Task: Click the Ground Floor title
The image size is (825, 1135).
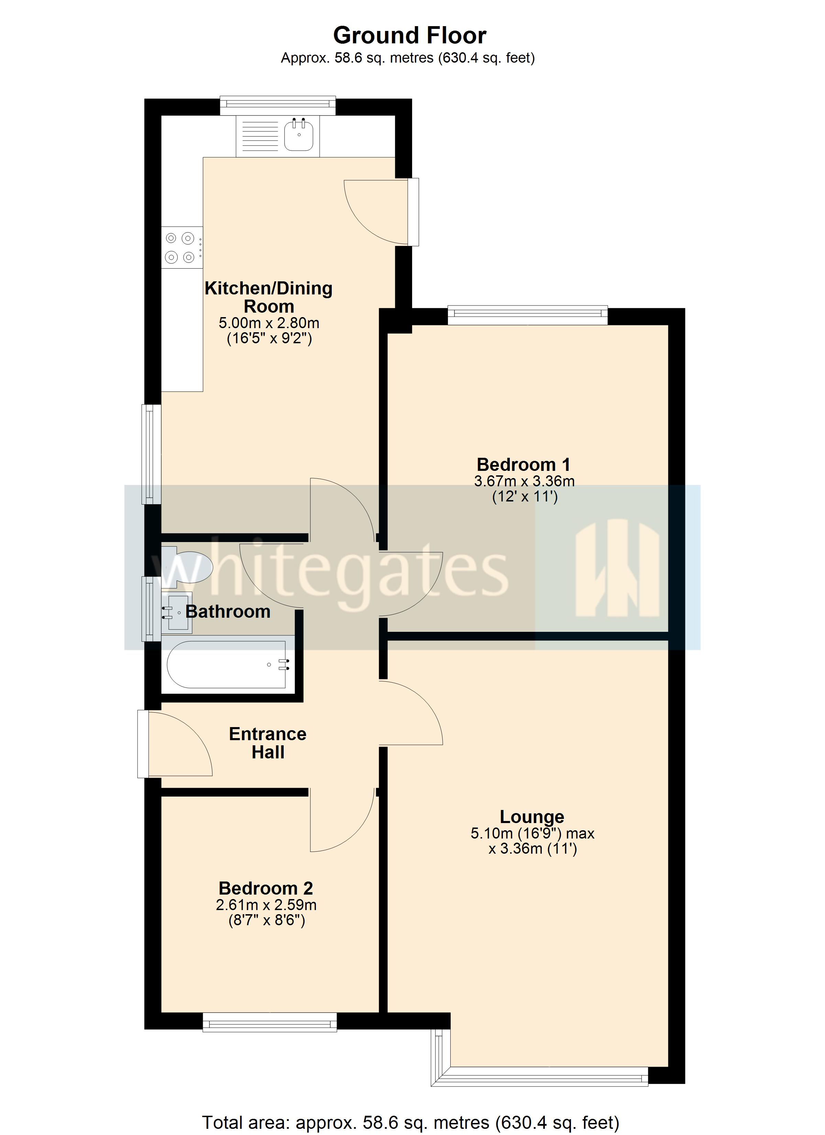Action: tap(410, 35)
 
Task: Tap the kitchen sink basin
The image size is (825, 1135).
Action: tap(299, 136)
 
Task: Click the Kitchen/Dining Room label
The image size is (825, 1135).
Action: tap(269, 297)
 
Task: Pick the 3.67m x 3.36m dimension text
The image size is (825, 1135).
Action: tap(524, 482)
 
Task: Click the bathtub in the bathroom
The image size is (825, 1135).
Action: tap(228, 665)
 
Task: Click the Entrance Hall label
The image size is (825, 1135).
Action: tap(268, 743)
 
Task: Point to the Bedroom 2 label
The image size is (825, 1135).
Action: tap(266, 888)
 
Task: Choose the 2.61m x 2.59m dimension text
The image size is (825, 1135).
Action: tap(266, 905)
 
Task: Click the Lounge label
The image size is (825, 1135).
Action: tap(532, 817)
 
